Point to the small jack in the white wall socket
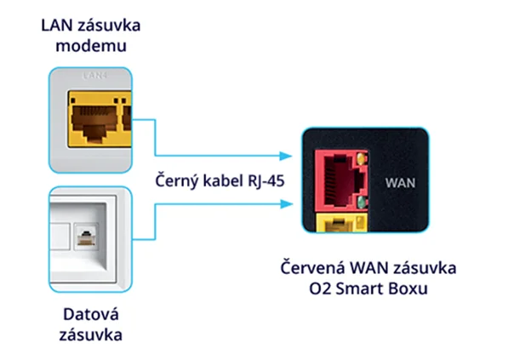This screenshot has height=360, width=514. [x=88, y=231]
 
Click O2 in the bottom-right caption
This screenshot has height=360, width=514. [x=328, y=288]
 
